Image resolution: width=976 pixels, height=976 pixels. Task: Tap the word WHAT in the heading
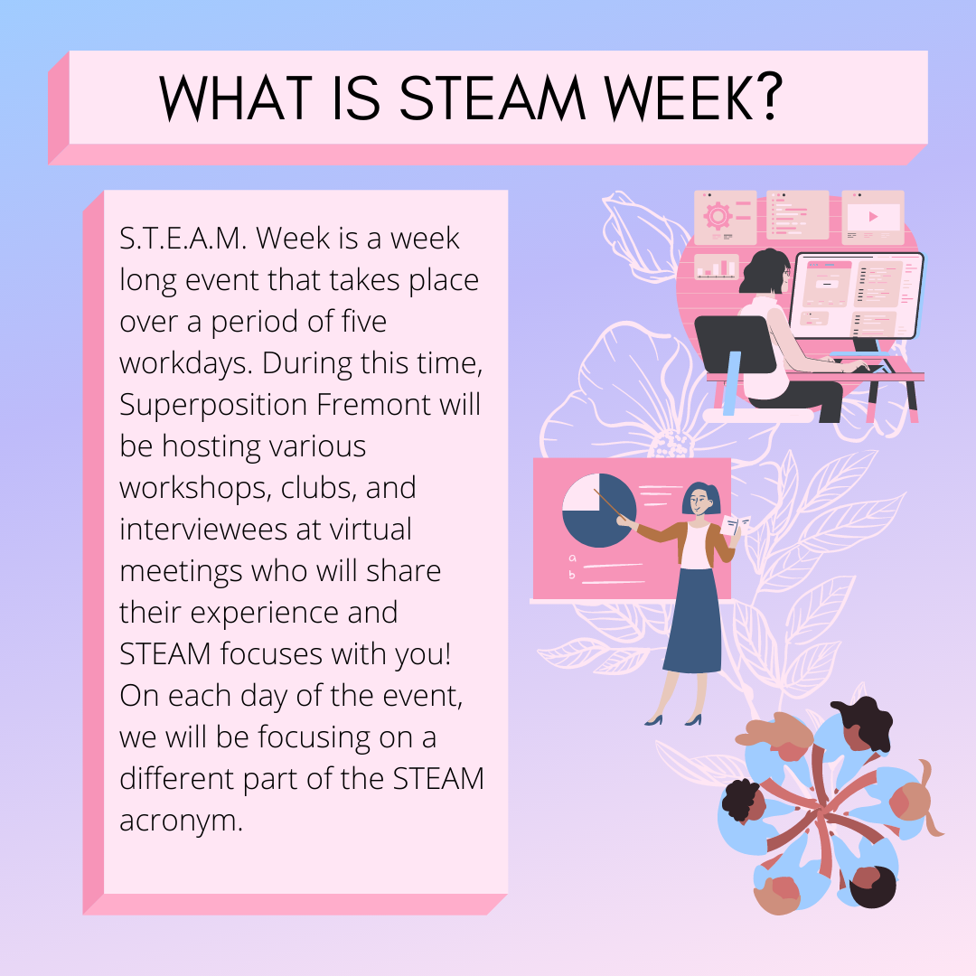236,98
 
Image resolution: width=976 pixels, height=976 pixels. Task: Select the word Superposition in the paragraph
214,406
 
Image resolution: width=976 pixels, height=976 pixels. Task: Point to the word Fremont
374,405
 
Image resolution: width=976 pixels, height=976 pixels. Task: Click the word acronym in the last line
181,821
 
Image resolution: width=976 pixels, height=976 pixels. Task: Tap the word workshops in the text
195,489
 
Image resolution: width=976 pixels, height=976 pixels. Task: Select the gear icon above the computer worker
718,216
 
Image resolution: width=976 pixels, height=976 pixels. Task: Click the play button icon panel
873,217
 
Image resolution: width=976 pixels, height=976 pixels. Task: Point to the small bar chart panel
716,267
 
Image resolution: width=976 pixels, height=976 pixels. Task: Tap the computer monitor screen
857,295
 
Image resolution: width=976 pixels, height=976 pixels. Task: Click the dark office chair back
735,344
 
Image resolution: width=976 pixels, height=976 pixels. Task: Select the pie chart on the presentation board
599,511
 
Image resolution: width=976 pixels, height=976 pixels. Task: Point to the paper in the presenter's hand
736,524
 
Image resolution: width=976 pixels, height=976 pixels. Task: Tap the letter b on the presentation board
571,575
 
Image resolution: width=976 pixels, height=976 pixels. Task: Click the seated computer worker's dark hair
763,271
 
